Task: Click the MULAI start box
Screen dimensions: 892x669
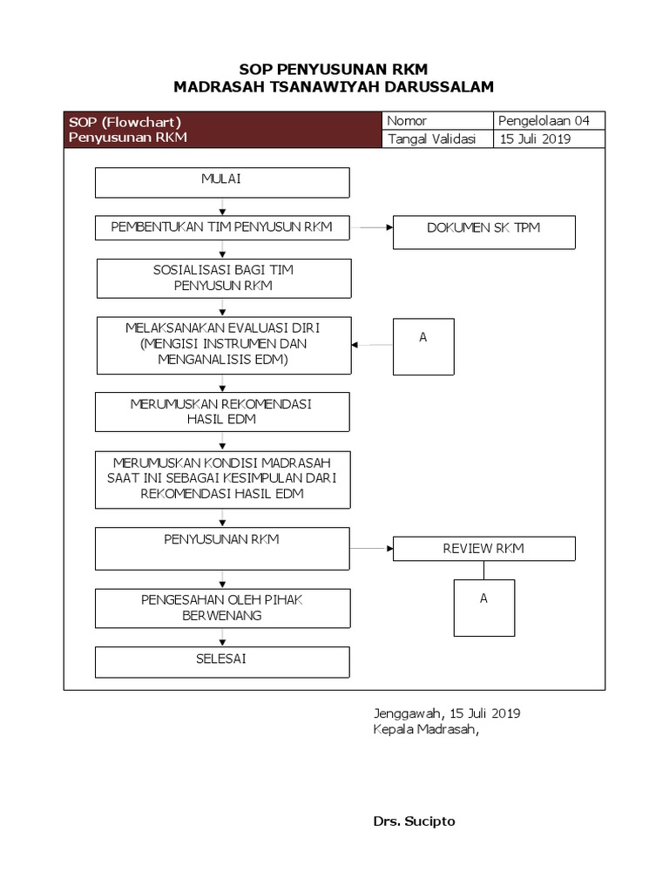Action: click(222, 183)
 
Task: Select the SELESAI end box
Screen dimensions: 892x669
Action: click(222, 661)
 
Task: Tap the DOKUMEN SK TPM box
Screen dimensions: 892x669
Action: click(483, 232)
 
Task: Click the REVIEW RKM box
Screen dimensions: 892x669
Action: click(483, 549)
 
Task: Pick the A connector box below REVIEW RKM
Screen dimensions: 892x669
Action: click(483, 608)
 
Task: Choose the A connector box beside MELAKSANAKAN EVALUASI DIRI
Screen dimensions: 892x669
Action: click(423, 346)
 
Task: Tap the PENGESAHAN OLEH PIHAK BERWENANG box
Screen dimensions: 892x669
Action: click(222, 608)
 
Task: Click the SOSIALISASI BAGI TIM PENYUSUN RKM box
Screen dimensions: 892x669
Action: click(222, 278)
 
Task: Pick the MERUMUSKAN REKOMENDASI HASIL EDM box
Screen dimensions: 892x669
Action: click(222, 412)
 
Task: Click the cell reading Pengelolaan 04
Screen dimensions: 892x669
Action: click(549, 121)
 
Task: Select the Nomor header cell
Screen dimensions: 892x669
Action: click(437, 121)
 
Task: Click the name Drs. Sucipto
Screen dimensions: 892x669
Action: click(414, 821)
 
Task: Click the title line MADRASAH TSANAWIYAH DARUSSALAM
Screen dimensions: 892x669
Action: click(334, 86)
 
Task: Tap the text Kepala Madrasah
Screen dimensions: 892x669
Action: click(426, 730)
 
